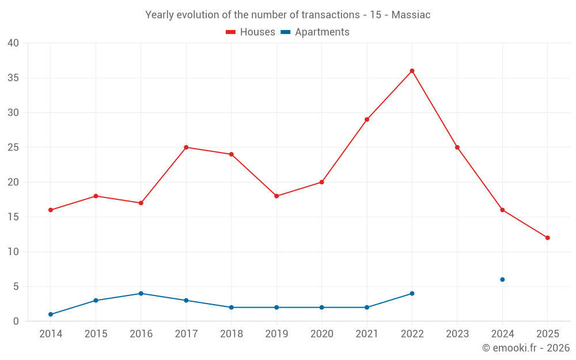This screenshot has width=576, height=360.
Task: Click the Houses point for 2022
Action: pyautogui.click(x=412, y=71)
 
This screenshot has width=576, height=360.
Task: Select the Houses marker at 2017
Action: pyautogui.click(x=186, y=147)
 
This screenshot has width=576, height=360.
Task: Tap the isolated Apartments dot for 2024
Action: pyautogui.click(x=502, y=279)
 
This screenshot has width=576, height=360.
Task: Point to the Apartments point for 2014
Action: pyautogui.click(x=51, y=314)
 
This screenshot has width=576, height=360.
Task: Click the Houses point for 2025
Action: pyautogui.click(x=547, y=238)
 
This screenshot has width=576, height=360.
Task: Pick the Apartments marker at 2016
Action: pyautogui.click(x=141, y=293)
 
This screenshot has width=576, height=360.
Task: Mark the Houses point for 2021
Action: pyautogui.click(x=367, y=119)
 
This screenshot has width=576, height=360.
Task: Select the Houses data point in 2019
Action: pyautogui.click(x=276, y=196)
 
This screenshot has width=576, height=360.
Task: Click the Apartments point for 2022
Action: pyautogui.click(x=412, y=293)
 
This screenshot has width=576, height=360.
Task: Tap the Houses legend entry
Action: pyautogui.click(x=251, y=32)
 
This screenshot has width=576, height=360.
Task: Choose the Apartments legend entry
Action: pyautogui.click(x=315, y=32)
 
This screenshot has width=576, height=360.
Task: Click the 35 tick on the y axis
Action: pyautogui.click(x=13, y=78)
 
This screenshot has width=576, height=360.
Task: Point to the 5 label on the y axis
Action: pyautogui.click(x=16, y=287)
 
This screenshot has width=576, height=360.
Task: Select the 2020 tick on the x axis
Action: pyautogui.click(x=321, y=334)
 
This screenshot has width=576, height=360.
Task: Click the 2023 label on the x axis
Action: pyautogui.click(x=457, y=334)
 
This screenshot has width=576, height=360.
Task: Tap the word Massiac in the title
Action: pyautogui.click(x=411, y=15)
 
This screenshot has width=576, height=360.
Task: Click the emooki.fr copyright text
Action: pyautogui.click(x=526, y=348)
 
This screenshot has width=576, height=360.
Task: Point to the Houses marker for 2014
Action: pyautogui.click(x=51, y=210)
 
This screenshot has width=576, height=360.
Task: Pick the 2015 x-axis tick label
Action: pyautogui.click(x=96, y=334)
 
